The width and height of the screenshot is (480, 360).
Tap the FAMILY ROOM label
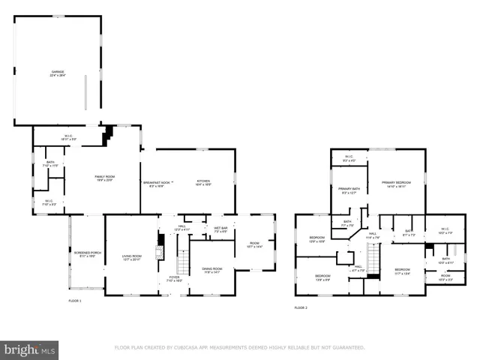104,178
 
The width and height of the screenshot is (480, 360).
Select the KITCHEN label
203,182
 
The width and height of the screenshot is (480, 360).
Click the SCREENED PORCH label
83,253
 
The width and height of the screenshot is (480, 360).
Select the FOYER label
173,278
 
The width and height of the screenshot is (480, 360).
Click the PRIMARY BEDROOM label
395,184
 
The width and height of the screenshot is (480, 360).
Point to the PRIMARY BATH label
349,190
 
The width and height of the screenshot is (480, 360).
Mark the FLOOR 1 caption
74,301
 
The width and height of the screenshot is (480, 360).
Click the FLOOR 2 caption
300,307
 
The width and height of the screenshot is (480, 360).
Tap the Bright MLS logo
30,350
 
